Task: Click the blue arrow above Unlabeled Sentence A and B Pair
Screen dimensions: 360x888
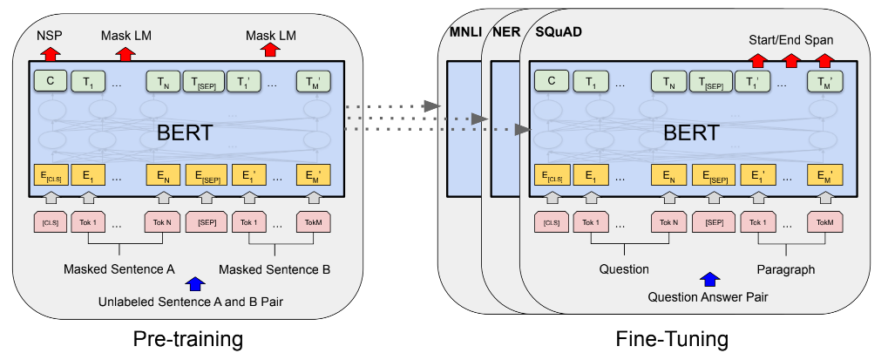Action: pyautogui.click(x=194, y=283)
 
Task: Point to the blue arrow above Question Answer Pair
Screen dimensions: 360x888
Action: pyautogui.click(x=710, y=279)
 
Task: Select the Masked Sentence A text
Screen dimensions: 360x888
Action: pyautogui.click(x=119, y=269)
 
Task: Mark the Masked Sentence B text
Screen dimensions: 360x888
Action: pyautogui.click(x=274, y=269)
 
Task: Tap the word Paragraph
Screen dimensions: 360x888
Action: pyautogui.click(x=785, y=269)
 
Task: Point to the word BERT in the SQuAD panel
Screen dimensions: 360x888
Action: pyautogui.click(x=691, y=133)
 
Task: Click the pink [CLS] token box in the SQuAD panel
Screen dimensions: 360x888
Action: pyautogui.click(x=550, y=222)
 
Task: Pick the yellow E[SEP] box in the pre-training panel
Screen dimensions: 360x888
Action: pyautogui.click(x=206, y=175)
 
